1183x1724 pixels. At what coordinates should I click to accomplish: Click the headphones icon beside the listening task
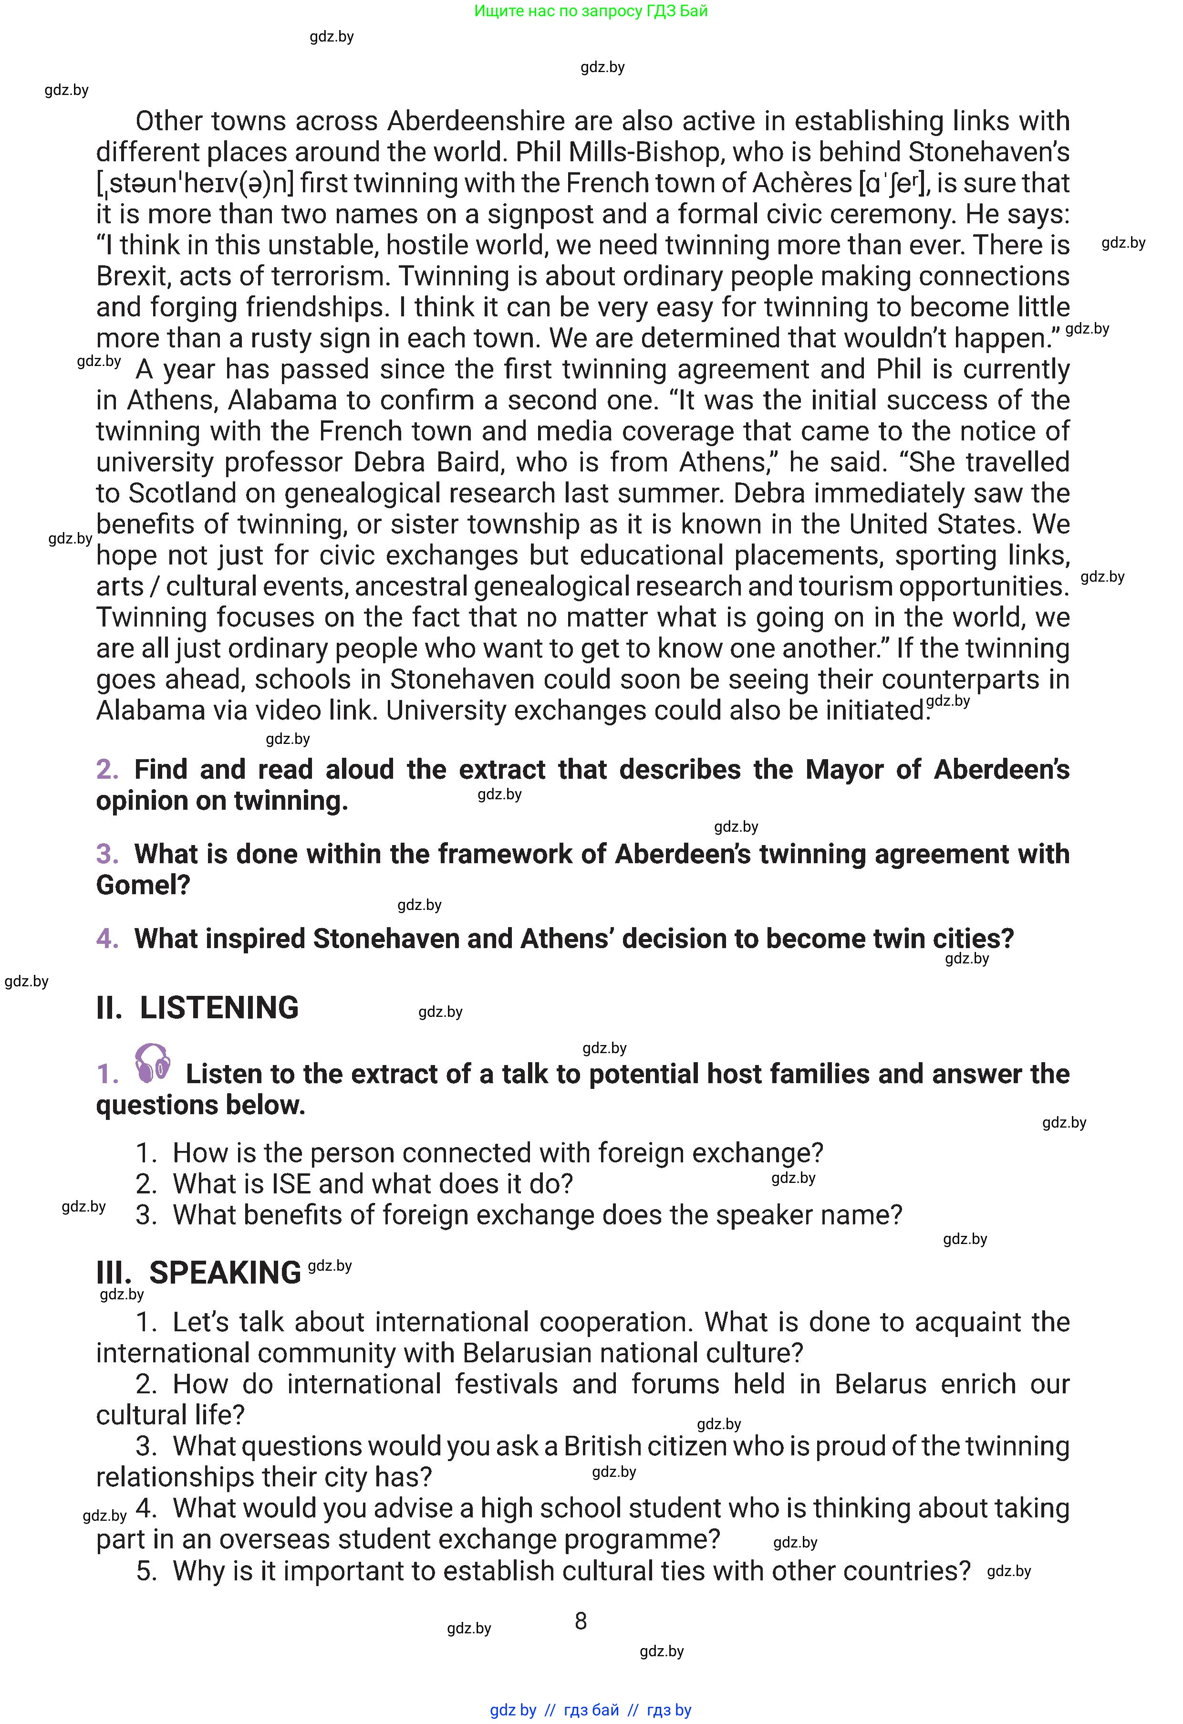pyautogui.click(x=153, y=1063)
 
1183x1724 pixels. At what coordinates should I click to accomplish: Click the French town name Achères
pyautogui.click(x=802, y=183)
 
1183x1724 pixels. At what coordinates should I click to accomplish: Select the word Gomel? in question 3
pyautogui.click(x=143, y=885)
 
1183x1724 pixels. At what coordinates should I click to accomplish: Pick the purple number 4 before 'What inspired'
pyautogui.click(x=107, y=939)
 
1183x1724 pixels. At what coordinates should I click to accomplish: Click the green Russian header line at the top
pyautogui.click(x=591, y=11)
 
